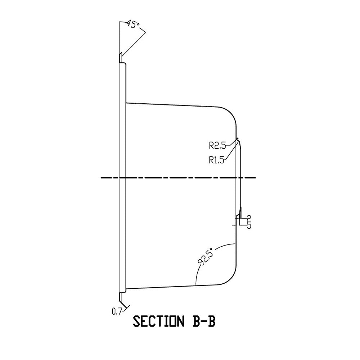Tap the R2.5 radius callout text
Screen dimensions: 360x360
[x=217, y=145]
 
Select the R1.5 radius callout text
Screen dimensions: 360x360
[x=216, y=160]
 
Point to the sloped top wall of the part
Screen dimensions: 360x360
[x=173, y=105]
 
